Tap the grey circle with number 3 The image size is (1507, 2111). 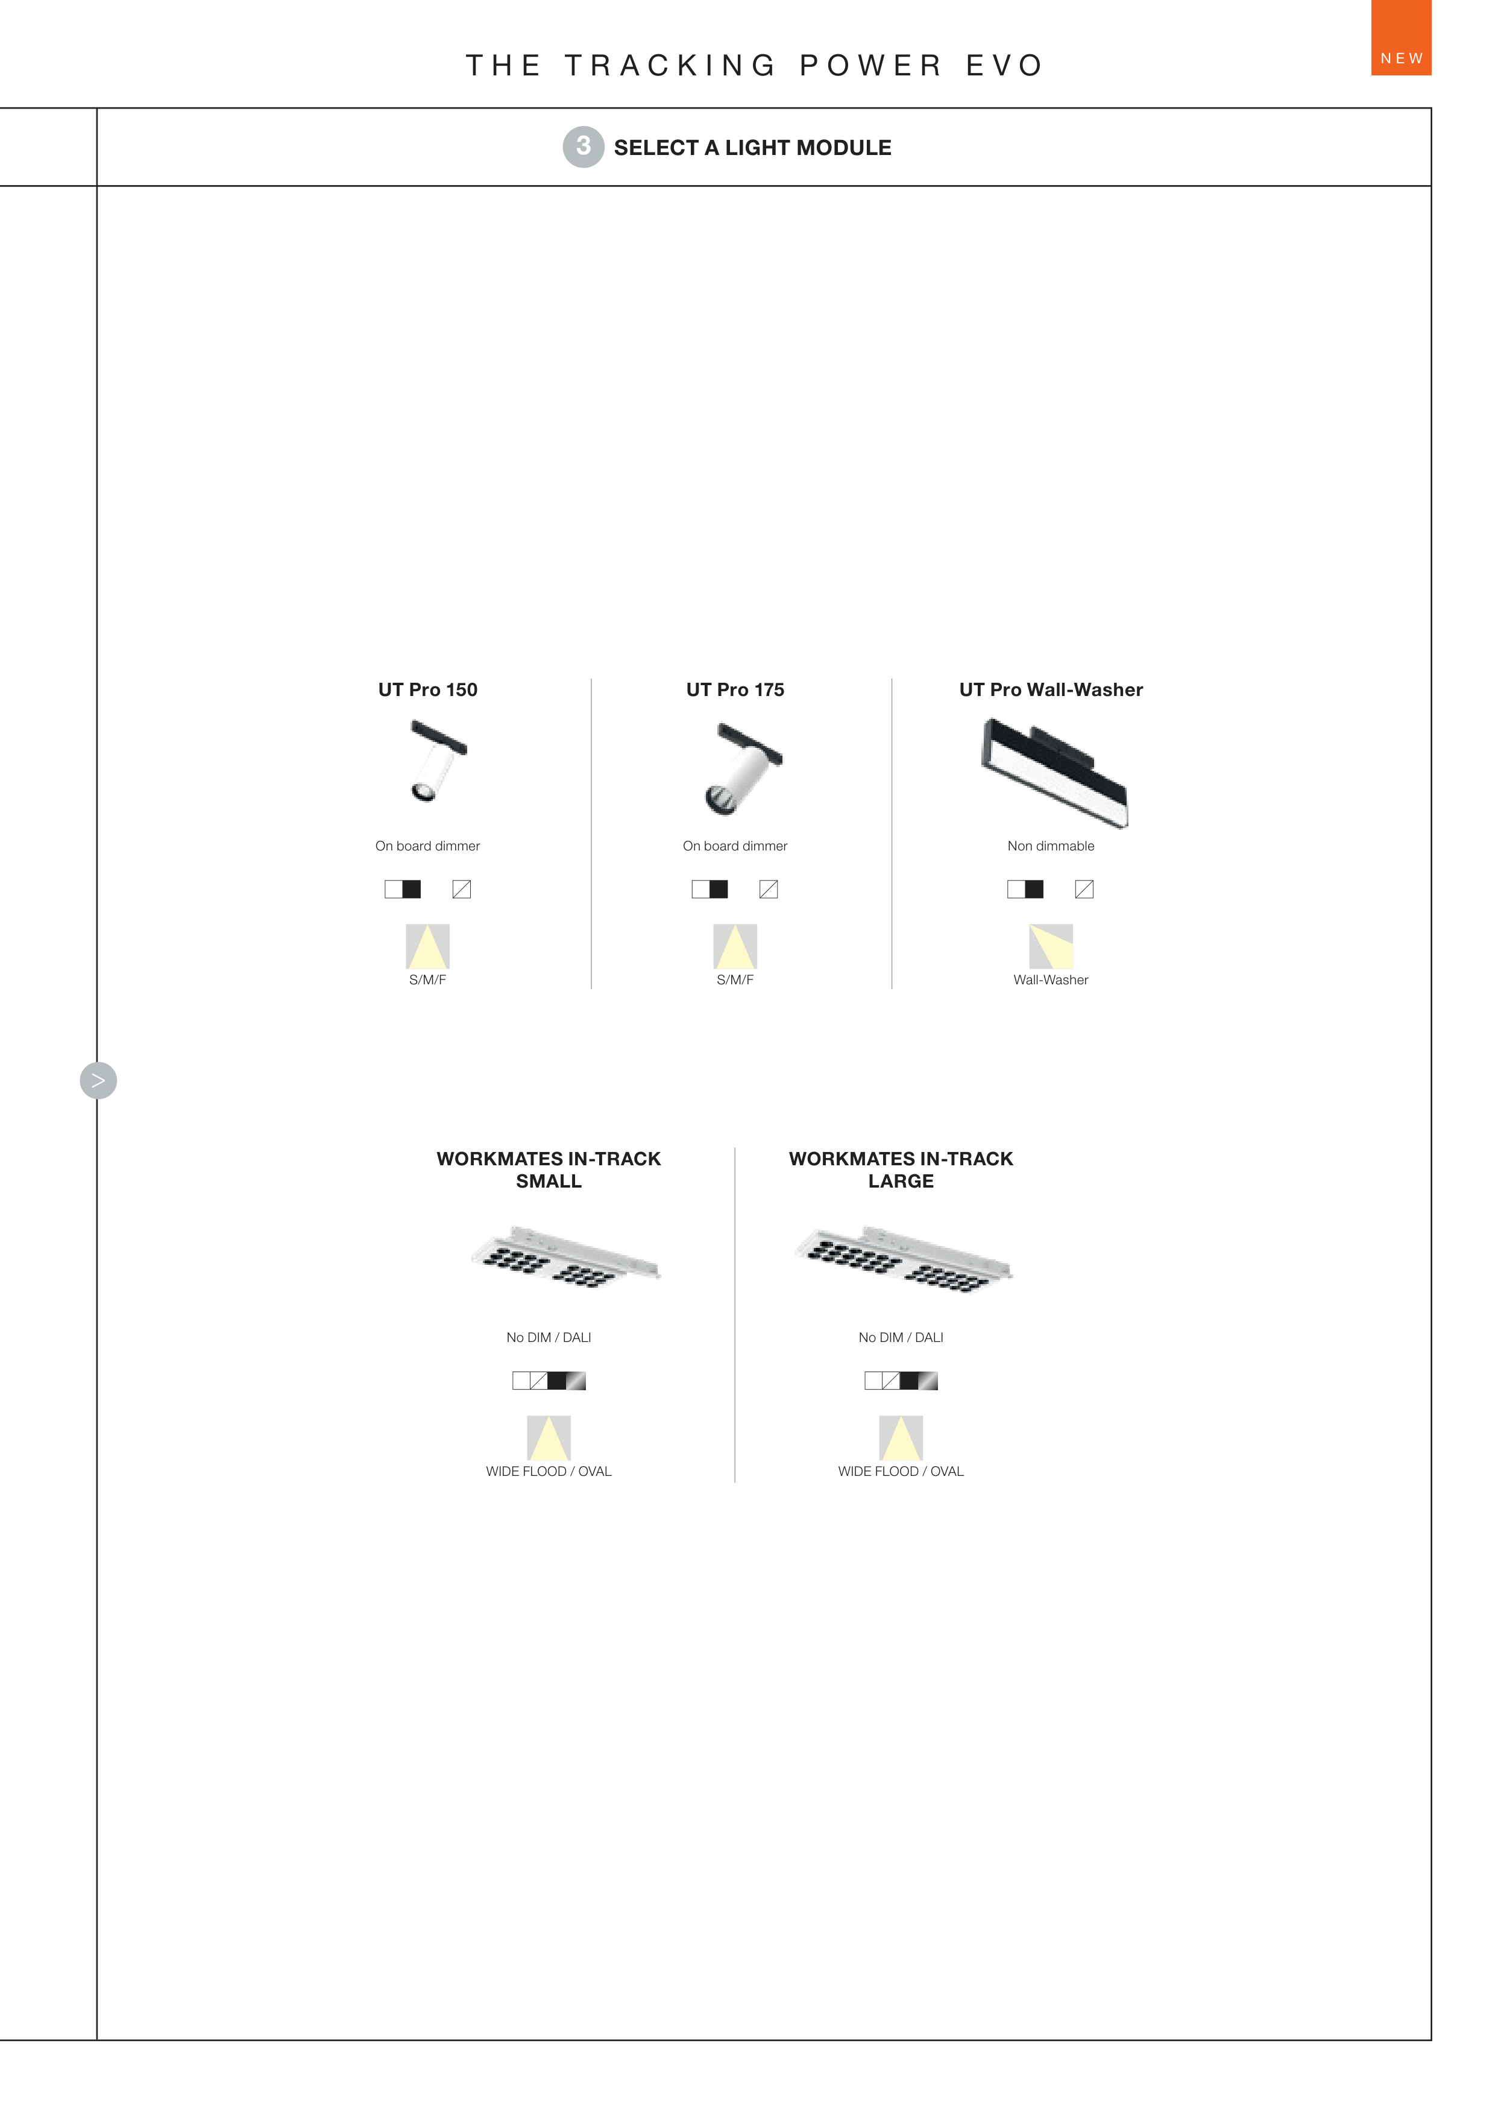click(x=583, y=147)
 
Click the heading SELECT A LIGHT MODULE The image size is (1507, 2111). click(x=752, y=148)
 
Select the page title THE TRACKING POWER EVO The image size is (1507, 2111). click(x=755, y=65)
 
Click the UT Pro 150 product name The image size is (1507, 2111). click(x=428, y=690)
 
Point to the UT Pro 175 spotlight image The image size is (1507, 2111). click(x=743, y=768)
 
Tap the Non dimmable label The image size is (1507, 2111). click(x=1051, y=846)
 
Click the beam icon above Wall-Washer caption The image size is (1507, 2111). click(x=1051, y=946)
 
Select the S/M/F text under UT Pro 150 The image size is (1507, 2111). click(x=428, y=980)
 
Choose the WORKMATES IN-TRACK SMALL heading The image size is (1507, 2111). click(x=549, y=1169)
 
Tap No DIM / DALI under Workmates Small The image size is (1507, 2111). click(x=549, y=1337)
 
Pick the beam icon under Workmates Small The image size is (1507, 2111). click(x=549, y=1438)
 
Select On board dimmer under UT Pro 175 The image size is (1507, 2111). click(x=735, y=846)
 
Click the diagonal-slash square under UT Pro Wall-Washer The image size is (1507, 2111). click(x=1084, y=889)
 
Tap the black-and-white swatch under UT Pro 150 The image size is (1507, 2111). click(x=403, y=889)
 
